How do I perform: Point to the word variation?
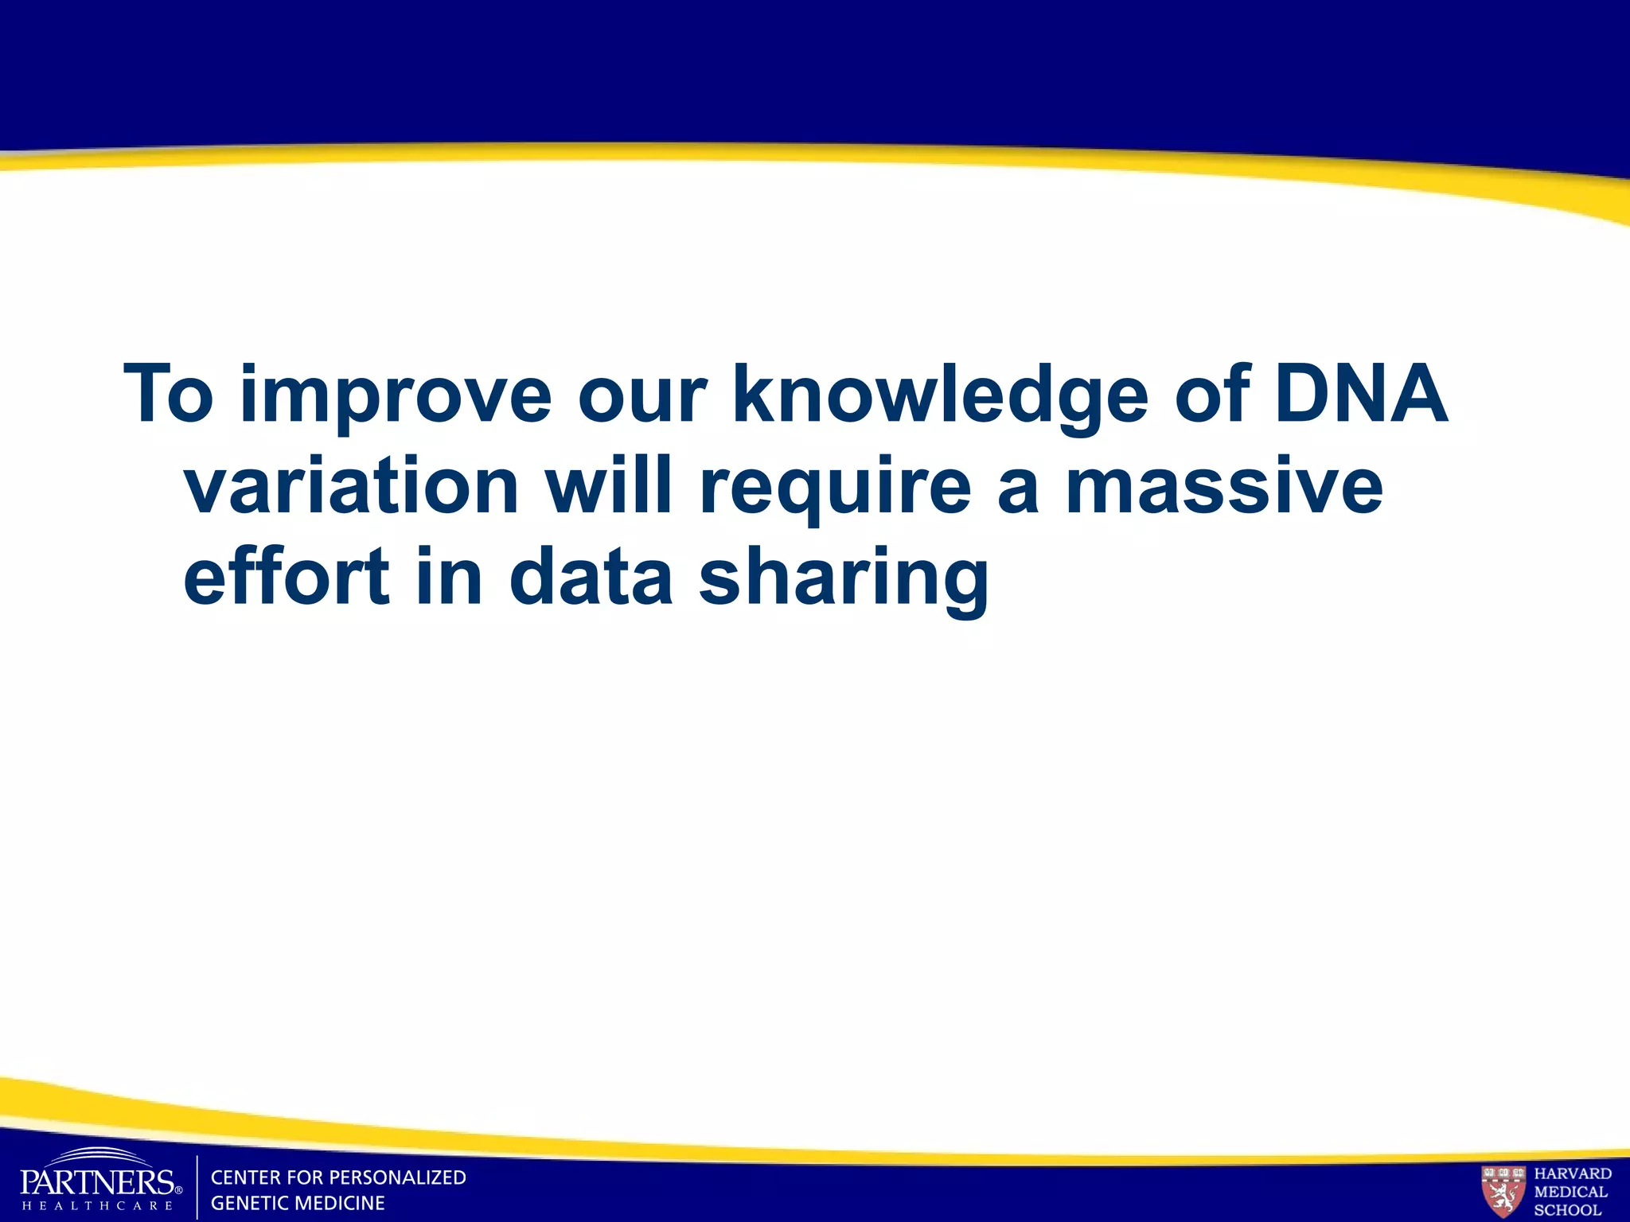click(x=351, y=485)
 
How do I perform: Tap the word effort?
click(x=287, y=576)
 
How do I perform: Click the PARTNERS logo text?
click(x=97, y=1182)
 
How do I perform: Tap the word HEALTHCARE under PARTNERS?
click(x=97, y=1205)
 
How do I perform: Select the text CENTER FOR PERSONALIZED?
click(x=338, y=1177)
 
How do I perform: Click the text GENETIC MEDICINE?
click(x=298, y=1203)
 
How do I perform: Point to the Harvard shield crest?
click(x=1503, y=1190)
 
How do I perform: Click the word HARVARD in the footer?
click(x=1573, y=1173)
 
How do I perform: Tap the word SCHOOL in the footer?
click(x=1567, y=1210)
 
